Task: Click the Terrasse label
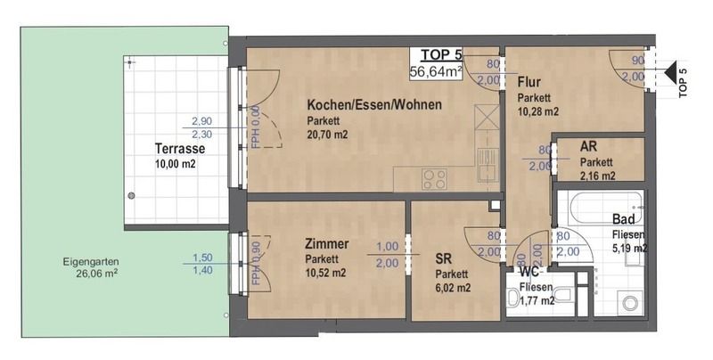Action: pyautogui.click(x=180, y=149)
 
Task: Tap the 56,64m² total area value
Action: pyautogui.click(x=436, y=71)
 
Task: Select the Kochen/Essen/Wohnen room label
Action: pyautogui.click(x=374, y=104)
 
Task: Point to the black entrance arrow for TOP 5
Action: pyautogui.click(x=669, y=72)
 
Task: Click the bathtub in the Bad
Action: pyautogui.click(x=600, y=208)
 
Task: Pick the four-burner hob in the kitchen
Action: pyautogui.click(x=434, y=178)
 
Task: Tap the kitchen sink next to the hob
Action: pyautogui.click(x=486, y=163)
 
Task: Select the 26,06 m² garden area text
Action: pyautogui.click(x=97, y=274)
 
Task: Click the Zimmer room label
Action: pyautogui.click(x=327, y=244)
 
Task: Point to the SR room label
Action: pyautogui.click(x=443, y=259)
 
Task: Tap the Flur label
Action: pyautogui.click(x=529, y=82)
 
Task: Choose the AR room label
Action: pyautogui.click(x=588, y=147)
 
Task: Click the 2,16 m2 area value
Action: pyautogui.click(x=597, y=176)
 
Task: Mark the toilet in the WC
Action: pyautogui.click(x=564, y=297)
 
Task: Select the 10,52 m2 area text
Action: pyautogui.click(x=325, y=273)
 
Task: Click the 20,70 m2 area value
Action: pyautogui.click(x=327, y=135)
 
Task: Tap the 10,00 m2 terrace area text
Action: pyautogui.click(x=176, y=164)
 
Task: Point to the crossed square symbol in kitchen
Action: pyautogui.click(x=486, y=117)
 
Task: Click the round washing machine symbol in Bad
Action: pyautogui.click(x=630, y=303)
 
